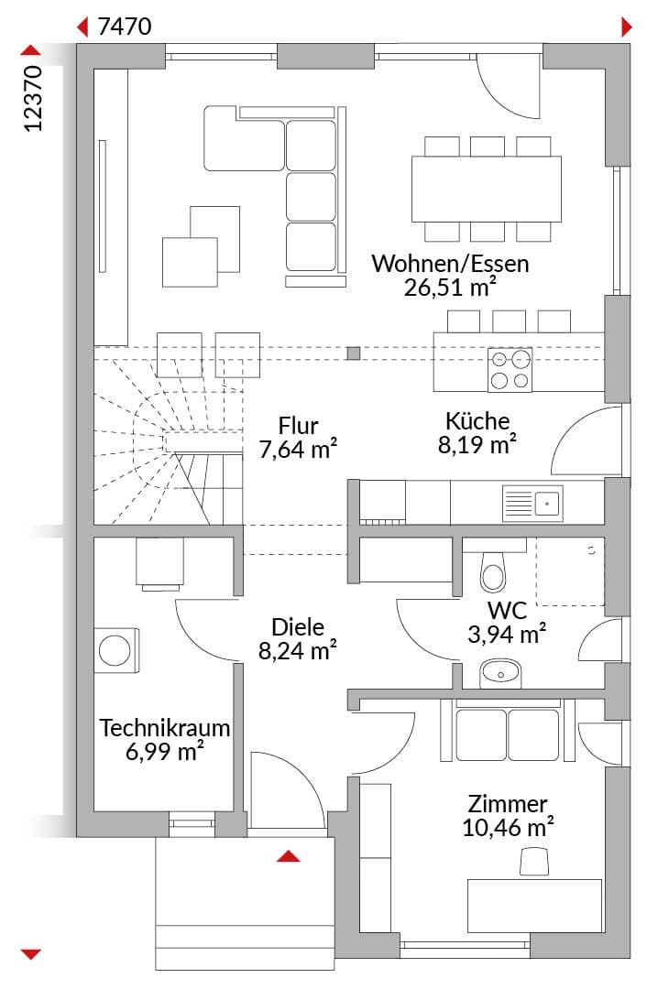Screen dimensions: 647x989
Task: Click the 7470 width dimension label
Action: pos(125,27)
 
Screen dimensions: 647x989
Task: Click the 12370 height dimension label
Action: pos(33,98)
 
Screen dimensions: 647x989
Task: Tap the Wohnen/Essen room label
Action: pos(450,263)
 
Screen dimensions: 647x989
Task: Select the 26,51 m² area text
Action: pos(449,287)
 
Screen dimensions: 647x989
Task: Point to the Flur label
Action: pos(298,426)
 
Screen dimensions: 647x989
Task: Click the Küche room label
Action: pos(477,420)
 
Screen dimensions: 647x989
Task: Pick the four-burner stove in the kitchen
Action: pos(510,370)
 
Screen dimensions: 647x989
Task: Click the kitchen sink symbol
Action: pos(532,504)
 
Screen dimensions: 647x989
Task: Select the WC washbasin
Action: pos(500,674)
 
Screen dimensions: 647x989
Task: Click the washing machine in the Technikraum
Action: pos(116,650)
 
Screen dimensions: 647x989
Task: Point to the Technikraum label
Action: pos(164,728)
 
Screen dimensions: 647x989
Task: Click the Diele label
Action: pos(298,627)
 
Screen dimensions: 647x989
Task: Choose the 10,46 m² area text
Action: pos(508,828)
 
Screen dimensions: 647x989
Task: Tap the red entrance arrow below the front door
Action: pos(289,856)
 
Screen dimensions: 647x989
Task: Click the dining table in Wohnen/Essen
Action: pos(487,189)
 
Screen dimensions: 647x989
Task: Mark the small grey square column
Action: pos(354,353)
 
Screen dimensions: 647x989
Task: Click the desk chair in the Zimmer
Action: pos(534,862)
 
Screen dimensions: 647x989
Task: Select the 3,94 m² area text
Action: pos(507,634)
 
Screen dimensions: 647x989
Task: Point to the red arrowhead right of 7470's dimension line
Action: pos(626,27)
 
